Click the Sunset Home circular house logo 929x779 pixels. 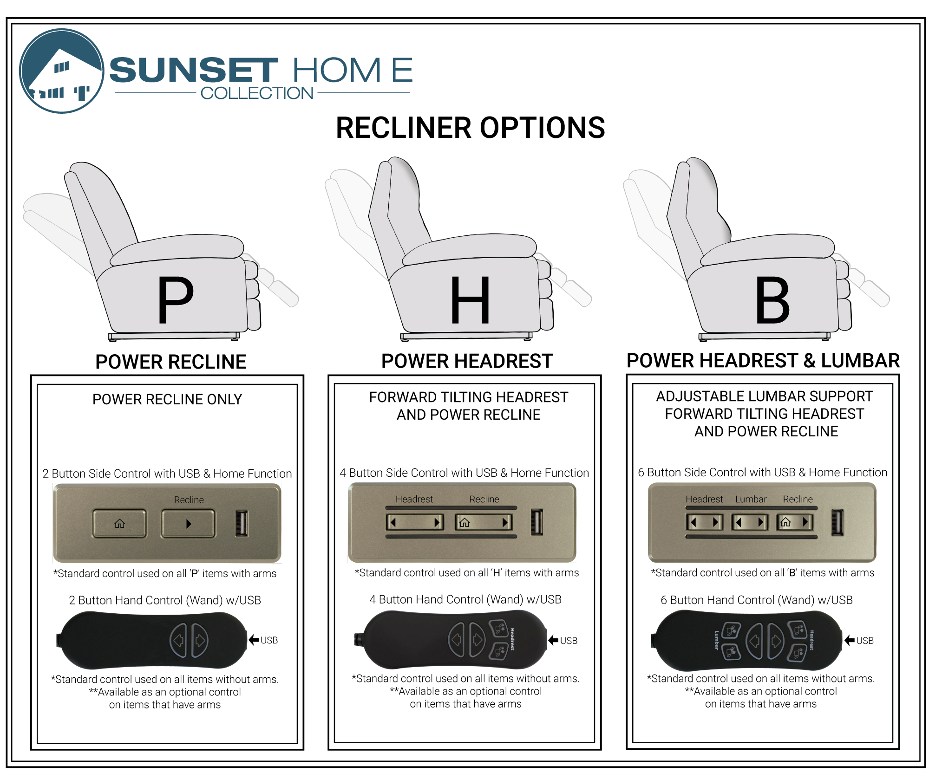pos(61,71)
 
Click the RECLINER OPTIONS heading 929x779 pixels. pos(470,128)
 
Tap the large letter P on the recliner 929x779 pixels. pos(175,299)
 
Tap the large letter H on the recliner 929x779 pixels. pos(470,299)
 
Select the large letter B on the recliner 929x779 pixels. pos(772,299)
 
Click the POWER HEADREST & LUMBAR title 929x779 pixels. pos(763,361)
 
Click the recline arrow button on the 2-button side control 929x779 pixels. pos(188,524)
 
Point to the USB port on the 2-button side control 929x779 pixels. pos(242,523)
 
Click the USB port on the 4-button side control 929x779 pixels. pos(537,522)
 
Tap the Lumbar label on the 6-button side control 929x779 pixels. pos(751,499)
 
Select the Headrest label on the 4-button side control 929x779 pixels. pos(414,499)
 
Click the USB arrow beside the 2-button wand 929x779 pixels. pos(254,640)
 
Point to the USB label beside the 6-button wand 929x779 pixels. pos(865,641)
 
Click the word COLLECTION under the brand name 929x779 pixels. pos(257,93)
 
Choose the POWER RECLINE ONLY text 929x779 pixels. pos(167,399)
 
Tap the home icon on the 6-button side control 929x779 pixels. pos(785,522)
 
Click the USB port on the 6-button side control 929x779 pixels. pos(837,522)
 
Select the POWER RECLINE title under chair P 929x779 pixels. pos(170,362)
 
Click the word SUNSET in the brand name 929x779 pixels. pos(194,70)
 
